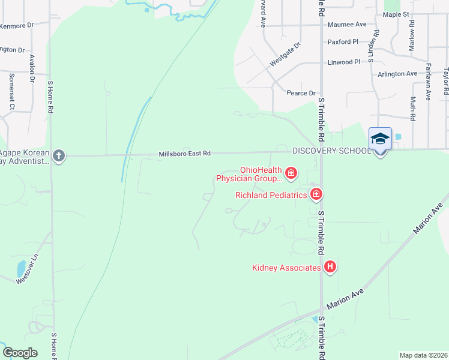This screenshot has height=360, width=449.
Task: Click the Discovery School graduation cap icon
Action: (381, 139)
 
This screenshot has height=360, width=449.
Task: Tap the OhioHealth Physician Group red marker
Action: (291, 174)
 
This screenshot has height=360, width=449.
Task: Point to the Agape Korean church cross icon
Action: (58, 155)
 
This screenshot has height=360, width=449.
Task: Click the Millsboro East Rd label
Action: (184, 154)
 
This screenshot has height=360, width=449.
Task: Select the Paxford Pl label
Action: (343, 42)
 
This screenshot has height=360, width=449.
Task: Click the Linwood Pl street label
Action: (344, 62)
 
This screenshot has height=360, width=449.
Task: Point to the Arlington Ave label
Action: (397, 74)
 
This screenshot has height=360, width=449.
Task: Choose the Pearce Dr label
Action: (301, 93)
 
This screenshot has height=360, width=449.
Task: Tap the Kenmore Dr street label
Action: (16, 26)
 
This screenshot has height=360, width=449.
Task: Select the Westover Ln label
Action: (26, 269)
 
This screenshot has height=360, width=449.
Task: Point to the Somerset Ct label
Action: (11, 91)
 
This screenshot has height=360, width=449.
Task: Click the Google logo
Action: (20, 353)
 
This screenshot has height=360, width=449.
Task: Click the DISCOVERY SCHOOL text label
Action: (331, 151)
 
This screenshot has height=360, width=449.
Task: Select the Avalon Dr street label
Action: (32, 68)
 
